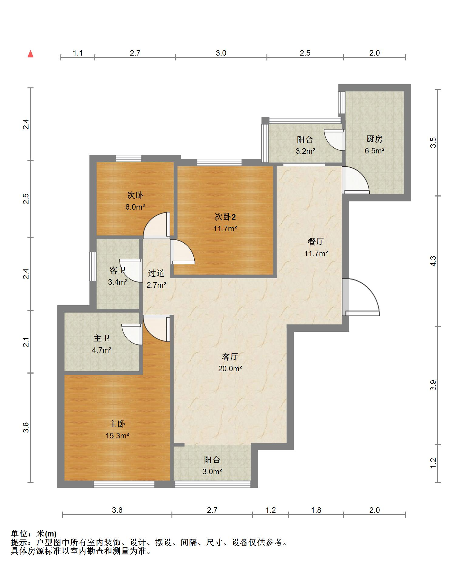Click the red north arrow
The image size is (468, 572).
tap(30, 54)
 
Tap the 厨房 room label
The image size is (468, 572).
tap(374, 139)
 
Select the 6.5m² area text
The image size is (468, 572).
tap(375, 151)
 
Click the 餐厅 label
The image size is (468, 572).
tap(316, 242)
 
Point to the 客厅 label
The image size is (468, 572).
tap(230, 357)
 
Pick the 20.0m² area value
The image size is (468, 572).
tap(230, 369)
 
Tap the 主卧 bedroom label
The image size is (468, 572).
tap(117, 424)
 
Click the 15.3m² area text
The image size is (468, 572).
tap(117, 436)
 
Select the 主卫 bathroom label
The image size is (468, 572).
tap(102, 338)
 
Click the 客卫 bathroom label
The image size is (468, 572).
tap(117, 270)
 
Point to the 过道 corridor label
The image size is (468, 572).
tap(156, 273)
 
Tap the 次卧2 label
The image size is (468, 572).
tap(225, 217)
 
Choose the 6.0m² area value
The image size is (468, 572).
tap(135, 207)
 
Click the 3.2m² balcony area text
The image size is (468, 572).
tap(305, 151)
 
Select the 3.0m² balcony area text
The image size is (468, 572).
tap(212, 472)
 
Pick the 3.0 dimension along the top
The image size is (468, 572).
tap(221, 53)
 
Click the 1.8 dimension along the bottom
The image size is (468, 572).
tap(316, 510)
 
